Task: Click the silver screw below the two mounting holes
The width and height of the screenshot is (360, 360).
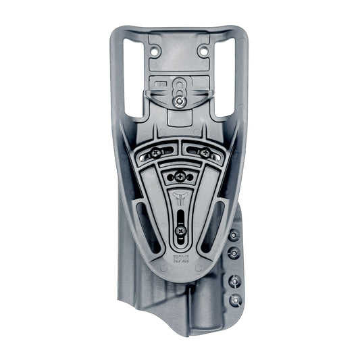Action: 179,101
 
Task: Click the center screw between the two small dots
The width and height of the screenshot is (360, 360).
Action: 180,176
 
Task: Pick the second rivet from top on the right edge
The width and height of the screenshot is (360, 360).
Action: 235,252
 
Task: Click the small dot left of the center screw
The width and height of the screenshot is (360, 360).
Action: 170,176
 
